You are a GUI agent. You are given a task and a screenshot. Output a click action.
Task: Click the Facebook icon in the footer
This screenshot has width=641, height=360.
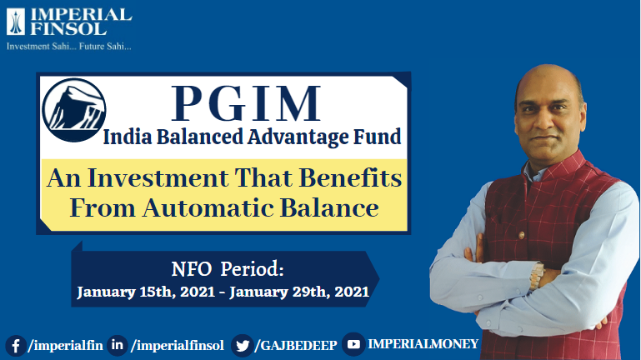pyautogui.click(x=15, y=344)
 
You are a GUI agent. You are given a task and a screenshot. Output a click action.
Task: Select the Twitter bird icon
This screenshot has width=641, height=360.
pyautogui.click(x=243, y=344)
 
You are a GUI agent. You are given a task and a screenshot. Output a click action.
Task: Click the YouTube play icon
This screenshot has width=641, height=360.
pyautogui.click(x=353, y=344)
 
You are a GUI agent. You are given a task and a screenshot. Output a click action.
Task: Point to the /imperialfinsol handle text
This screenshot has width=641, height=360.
pyautogui.click(x=178, y=344)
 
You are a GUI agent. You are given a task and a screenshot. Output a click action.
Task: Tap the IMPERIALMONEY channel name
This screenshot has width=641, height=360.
pyautogui.click(x=423, y=343)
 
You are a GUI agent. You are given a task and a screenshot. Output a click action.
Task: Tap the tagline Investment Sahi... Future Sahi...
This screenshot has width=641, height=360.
pyautogui.click(x=69, y=46)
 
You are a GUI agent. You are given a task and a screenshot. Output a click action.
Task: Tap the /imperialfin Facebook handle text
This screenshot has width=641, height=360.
pyautogui.click(x=65, y=344)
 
